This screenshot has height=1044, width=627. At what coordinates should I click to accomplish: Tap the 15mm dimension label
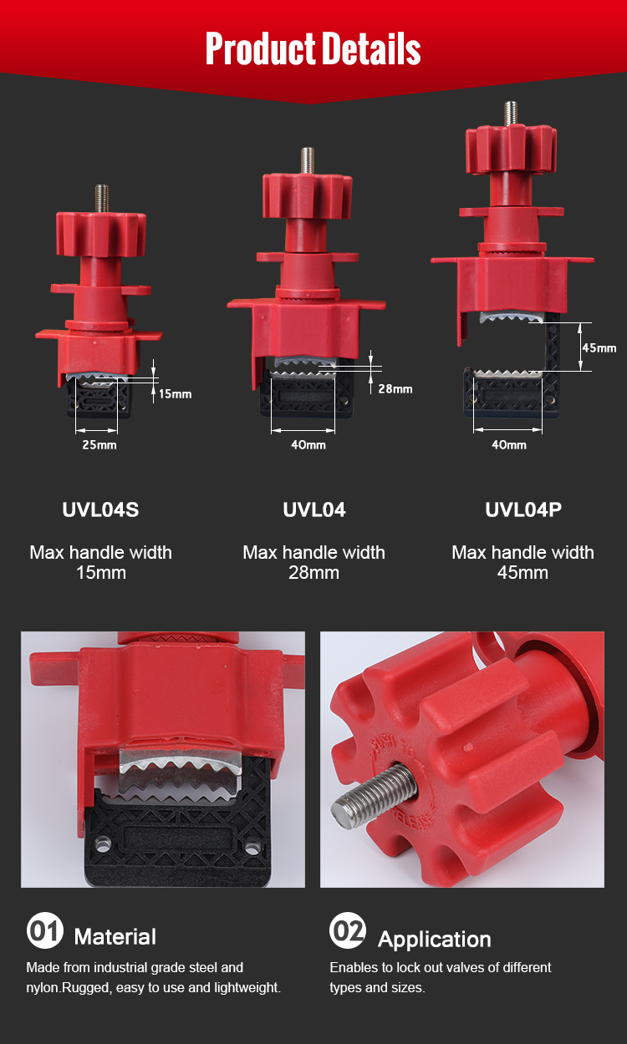tap(175, 394)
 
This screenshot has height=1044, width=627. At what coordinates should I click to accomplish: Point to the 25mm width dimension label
tap(99, 444)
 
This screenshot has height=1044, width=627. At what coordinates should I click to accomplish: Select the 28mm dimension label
tap(395, 388)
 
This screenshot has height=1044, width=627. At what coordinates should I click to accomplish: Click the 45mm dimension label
tap(599, 347)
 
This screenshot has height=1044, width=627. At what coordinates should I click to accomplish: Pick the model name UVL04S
tap(101, 509)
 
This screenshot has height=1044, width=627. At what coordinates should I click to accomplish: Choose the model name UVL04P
tap(523, 509)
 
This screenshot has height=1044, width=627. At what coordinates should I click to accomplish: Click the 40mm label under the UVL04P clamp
tap(509, 444)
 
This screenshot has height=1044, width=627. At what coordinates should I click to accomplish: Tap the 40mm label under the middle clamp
tap(308, 444)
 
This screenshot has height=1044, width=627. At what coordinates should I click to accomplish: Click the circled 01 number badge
tap(45, 930)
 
